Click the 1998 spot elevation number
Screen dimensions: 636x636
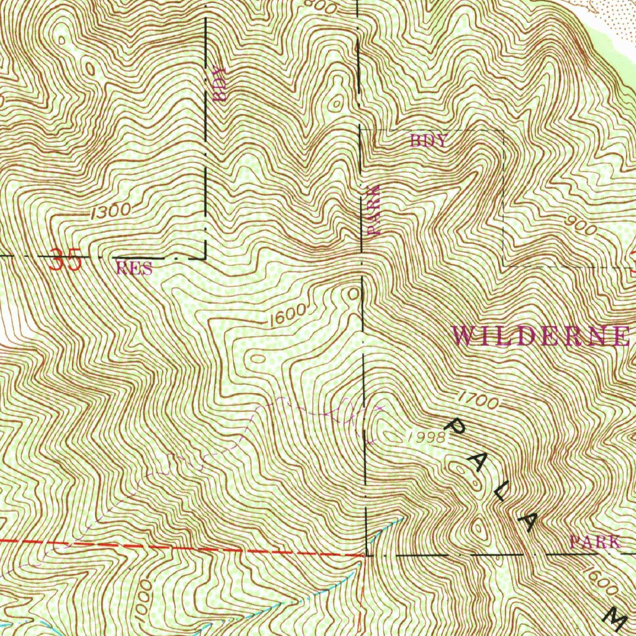click(427, 437)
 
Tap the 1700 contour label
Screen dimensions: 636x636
click(479, 401)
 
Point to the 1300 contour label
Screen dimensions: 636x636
click(111, 211)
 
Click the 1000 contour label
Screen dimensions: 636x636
click(145, 598)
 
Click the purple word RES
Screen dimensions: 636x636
click(134, 268)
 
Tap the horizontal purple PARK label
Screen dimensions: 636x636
click(594, 541)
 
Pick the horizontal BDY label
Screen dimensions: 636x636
click(428, 141)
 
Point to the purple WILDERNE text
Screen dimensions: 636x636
click(540, 336)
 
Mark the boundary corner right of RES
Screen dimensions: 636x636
click(206, 257)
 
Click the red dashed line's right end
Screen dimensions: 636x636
click(363, 553)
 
